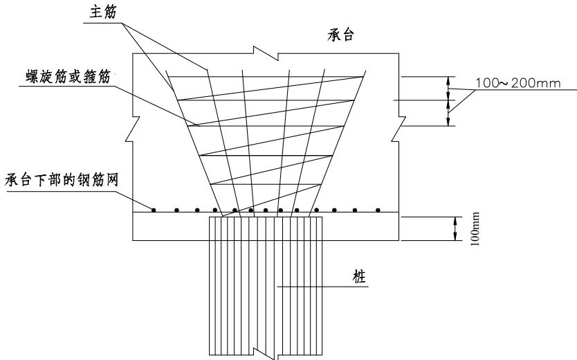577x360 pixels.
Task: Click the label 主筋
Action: (x=102, y=12)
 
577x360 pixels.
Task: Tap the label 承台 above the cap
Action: (x=340, y=35)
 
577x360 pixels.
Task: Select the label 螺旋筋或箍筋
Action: (x=68, y=77)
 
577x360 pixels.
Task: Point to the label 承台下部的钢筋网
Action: (x=62, y=181)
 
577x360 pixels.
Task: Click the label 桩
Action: (x=360, y=276)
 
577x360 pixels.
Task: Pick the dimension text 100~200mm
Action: (x=518, y=83)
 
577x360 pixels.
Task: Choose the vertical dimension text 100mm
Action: (x=475, y=228)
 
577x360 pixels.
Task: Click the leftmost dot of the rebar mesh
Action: (x=154, y=210)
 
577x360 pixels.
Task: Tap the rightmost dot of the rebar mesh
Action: (x=378, y=210)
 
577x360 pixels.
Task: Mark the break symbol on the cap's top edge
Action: (x=266, y=53)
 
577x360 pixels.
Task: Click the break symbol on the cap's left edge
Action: (x=132, y=129)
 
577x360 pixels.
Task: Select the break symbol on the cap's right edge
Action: (x=399, y=129)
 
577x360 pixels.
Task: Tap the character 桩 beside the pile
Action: (x=360, y=276)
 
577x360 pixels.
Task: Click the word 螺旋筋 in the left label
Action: (x=47, y=77)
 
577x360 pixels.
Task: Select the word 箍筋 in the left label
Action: (x=97, y=77)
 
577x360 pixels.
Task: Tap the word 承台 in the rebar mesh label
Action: (x=19, y=181)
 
